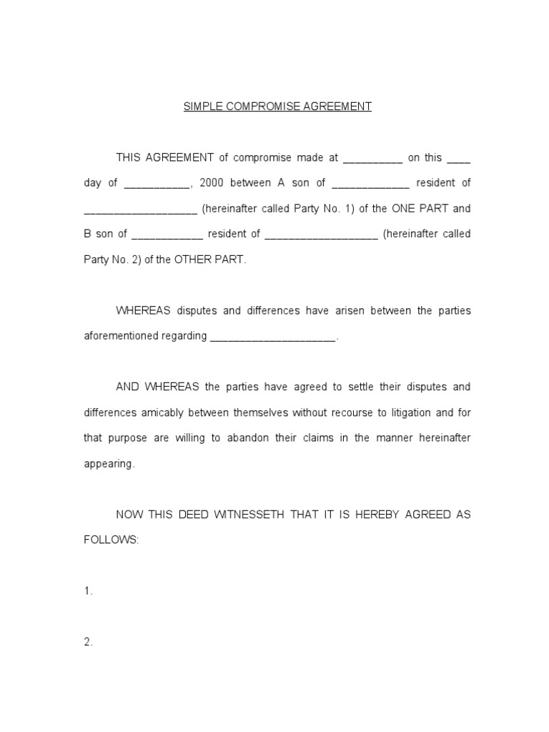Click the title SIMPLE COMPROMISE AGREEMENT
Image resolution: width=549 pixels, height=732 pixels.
277,107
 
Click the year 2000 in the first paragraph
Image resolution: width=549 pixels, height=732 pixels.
212,183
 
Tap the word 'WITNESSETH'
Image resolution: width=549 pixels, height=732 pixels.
257,515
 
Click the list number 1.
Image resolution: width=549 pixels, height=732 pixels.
88,591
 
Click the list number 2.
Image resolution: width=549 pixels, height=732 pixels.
88,642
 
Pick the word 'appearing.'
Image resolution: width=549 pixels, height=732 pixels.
109,464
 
